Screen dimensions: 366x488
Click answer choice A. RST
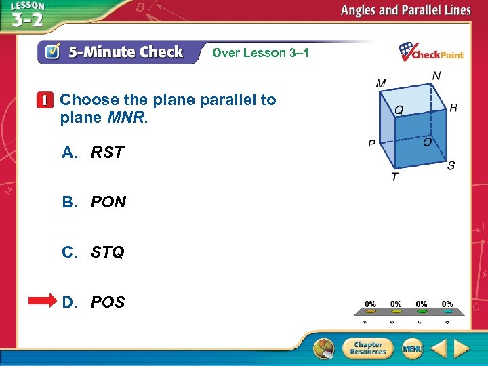[94, 152]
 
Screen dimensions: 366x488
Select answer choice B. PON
[94, 202]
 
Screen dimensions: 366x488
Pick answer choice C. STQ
[94, 252]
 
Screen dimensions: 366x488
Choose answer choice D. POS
[94, 302]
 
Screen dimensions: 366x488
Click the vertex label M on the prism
[381, 83]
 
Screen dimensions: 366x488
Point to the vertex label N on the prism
[436, 75]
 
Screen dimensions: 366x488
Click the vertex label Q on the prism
[400, 108]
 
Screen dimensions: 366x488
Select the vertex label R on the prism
[453, 107]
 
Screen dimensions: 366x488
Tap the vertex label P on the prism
[372, 144]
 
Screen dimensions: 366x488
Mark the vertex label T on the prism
[394, 176]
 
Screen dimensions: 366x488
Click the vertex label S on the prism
[451, 165]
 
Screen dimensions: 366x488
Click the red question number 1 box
[45, 100]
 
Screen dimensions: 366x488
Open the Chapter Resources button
[367, 348]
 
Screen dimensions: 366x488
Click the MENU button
[412, 348]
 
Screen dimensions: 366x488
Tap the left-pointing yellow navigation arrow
[439, 348]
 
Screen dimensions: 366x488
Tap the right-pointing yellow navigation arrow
[462, 348]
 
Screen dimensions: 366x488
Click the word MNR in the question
[125, 117]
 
